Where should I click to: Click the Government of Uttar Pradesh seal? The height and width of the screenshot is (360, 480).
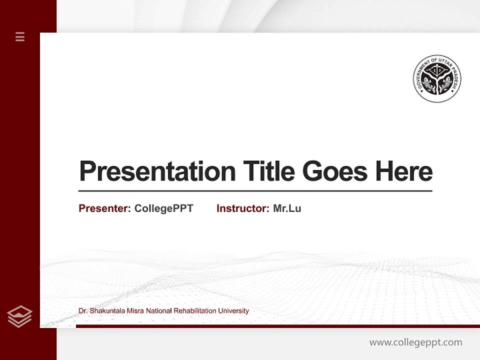(437, 79)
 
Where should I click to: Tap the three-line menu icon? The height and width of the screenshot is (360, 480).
(20, 36)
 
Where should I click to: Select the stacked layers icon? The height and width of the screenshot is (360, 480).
(19, 316)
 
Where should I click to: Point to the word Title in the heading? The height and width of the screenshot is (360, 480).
(269, 171)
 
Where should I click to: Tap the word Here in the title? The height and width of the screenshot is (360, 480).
(404, 171)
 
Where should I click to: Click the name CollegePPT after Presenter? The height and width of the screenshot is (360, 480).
(163, 208)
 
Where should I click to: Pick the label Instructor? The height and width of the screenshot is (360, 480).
(243, 208)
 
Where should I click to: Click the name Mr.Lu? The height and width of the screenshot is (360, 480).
(287, 208)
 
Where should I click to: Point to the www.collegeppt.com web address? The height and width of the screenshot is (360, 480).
(415, 342)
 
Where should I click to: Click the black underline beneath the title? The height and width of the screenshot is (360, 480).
(255, 191)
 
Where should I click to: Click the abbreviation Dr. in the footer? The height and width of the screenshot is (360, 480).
(82, 311)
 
